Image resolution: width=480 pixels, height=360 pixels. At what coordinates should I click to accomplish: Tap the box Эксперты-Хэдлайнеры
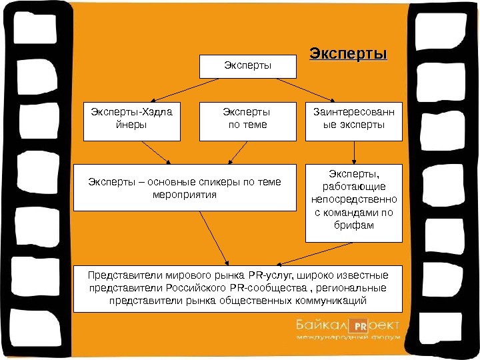tap(132, 121)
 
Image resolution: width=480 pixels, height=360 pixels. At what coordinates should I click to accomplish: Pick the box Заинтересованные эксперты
tap(353, 121)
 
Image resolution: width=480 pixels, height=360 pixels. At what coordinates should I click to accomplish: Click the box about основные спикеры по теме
tap(185, 187)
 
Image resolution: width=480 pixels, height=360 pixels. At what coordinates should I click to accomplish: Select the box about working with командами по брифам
tap(353, 203)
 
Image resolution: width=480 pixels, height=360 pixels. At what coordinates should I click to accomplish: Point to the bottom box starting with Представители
tap(238, 287)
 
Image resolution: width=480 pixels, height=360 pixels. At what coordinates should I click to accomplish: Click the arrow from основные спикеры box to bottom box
tap(213, 237)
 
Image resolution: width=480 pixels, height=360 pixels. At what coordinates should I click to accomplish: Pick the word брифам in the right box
tap(353, 226)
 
